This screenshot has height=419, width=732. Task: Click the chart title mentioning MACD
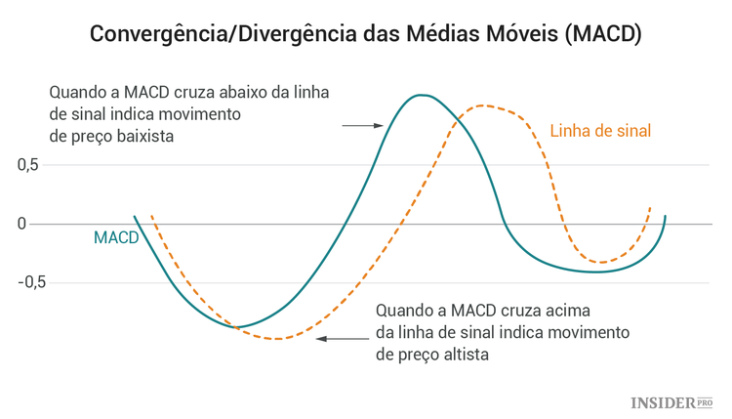pos(365,33)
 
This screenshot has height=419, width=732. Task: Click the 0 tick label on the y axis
pos(21,224)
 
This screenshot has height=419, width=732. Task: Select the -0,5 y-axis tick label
pos(31,282)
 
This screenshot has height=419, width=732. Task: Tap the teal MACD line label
pos(116,237)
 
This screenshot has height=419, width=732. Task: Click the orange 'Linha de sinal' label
pos(600,130)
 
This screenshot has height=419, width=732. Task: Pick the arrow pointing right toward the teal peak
pos(362,125)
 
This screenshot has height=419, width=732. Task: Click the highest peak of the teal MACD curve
pos(421,95)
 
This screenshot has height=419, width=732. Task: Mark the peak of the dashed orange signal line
pos(483,105)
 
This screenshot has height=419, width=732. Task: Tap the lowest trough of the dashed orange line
pos(278,339)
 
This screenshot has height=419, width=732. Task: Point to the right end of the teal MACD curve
pos(666,216)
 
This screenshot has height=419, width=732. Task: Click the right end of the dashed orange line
pos(650,207)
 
